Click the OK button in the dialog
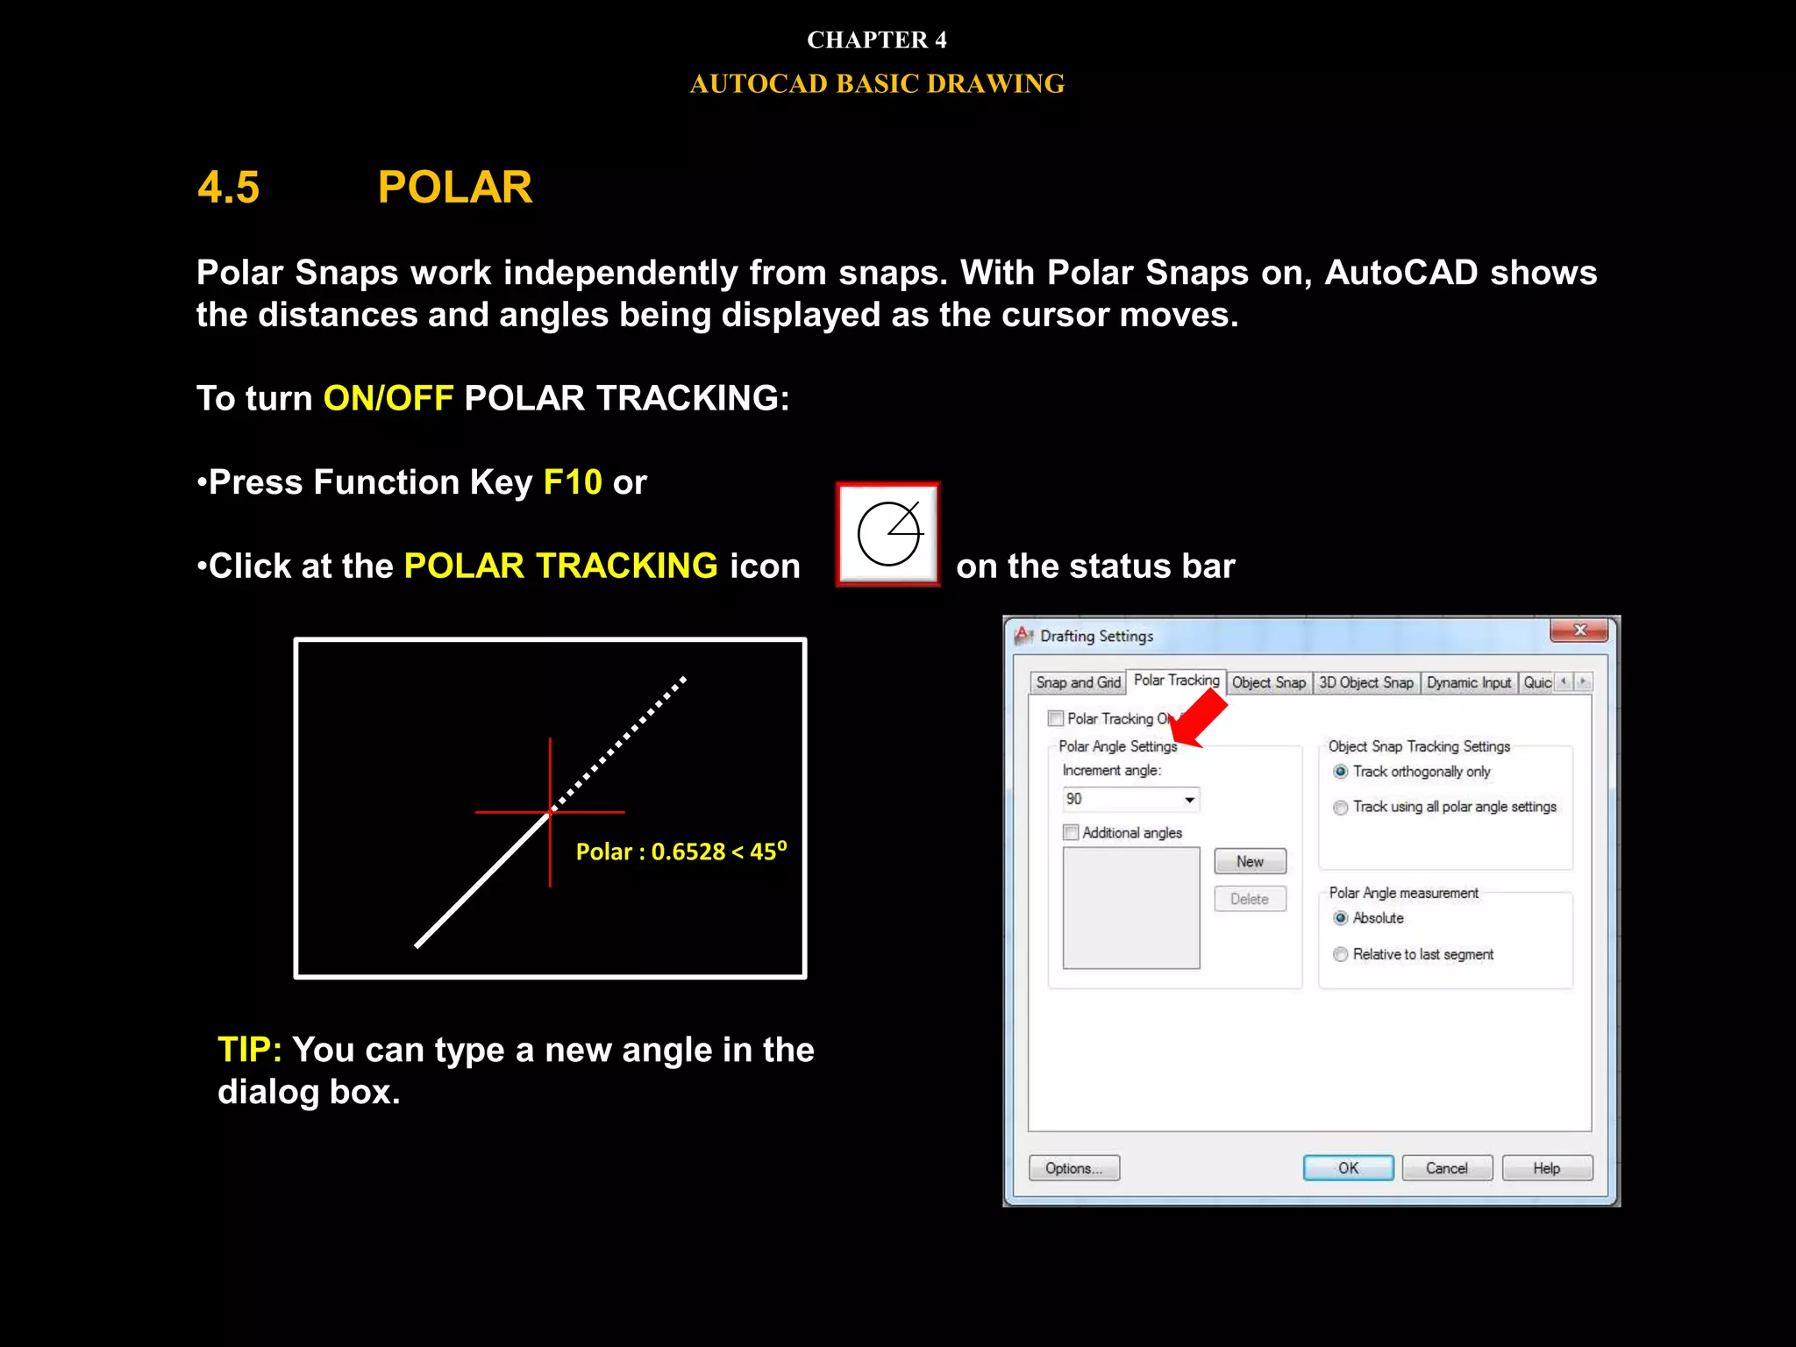1348,1168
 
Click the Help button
1547,1168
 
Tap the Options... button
1073,1168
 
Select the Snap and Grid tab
1078,682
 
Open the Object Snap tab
1268,682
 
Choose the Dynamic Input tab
1468,682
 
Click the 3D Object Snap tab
1365,682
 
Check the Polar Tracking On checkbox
1056,719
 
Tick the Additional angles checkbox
1071,832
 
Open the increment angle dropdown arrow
1189,800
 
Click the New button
1250,861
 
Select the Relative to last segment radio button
1341,954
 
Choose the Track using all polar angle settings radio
1341,808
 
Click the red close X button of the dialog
1579,631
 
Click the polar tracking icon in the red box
888,534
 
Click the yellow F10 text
572,482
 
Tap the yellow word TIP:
249,1050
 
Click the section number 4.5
229,188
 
